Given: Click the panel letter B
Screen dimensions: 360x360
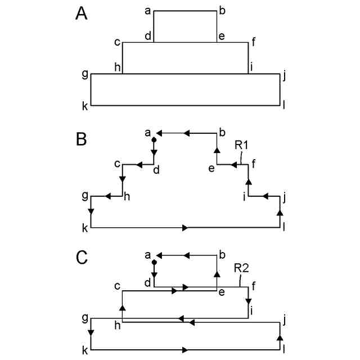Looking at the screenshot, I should (82, 138).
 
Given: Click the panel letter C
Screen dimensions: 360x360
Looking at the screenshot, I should (82, 258).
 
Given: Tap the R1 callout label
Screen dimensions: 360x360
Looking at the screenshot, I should (242, 145).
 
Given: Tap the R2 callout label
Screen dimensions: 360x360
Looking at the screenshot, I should (242, 268).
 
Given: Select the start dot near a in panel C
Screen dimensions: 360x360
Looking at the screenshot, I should (154, 262).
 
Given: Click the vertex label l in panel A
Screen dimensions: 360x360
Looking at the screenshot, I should (285, 106).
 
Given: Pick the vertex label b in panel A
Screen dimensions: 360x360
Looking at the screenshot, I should (222, 10).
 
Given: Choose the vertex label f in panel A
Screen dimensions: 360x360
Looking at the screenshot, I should (254, 41).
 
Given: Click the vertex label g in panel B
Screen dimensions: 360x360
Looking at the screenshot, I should (85, 195).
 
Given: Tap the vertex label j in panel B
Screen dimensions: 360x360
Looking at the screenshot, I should (285, 196).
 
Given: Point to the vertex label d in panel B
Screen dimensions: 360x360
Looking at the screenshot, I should (156, 170).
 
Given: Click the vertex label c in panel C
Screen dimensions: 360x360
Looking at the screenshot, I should (117, 286).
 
